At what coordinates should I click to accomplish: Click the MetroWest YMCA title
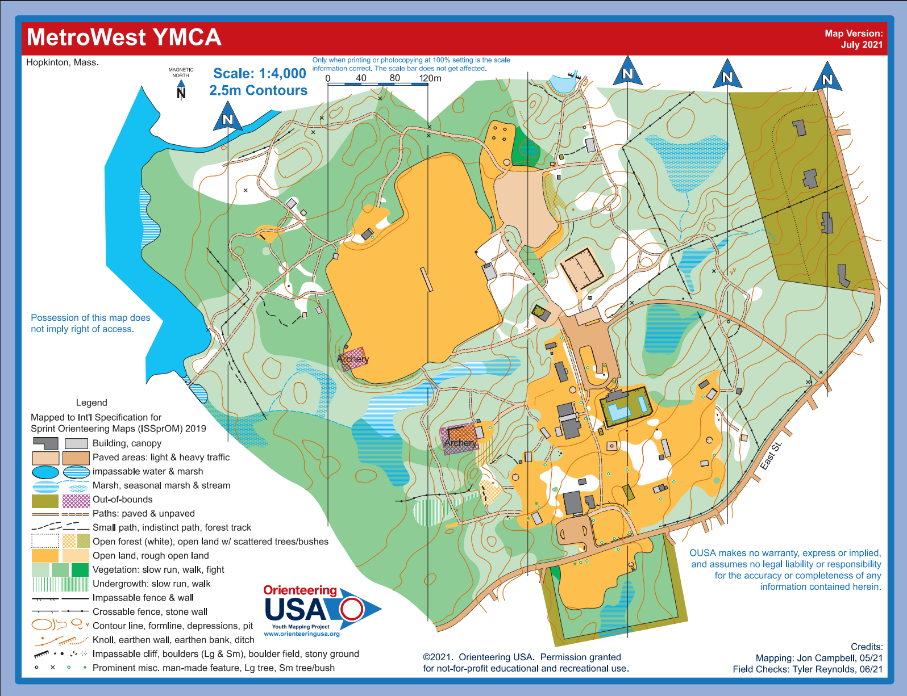124,37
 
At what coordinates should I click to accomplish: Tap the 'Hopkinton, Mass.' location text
63,62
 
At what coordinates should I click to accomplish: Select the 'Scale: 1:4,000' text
259,73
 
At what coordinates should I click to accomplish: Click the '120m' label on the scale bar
430,78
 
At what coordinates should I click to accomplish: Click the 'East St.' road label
771,455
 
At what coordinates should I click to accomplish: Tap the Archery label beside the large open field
353,359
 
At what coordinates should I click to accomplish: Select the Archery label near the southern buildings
460,442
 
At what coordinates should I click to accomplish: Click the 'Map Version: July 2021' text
854,39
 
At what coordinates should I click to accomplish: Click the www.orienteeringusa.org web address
302,634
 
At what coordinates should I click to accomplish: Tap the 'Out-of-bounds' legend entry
122,500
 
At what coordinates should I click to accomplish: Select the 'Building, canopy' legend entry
127,443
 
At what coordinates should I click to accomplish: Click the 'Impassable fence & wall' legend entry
143,598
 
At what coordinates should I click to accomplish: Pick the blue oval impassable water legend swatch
45,472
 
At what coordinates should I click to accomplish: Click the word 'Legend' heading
91,402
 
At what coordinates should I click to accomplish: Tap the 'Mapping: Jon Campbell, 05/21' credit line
819,658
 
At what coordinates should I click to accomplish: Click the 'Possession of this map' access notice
90,323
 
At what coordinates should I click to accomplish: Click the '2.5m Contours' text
258,90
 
